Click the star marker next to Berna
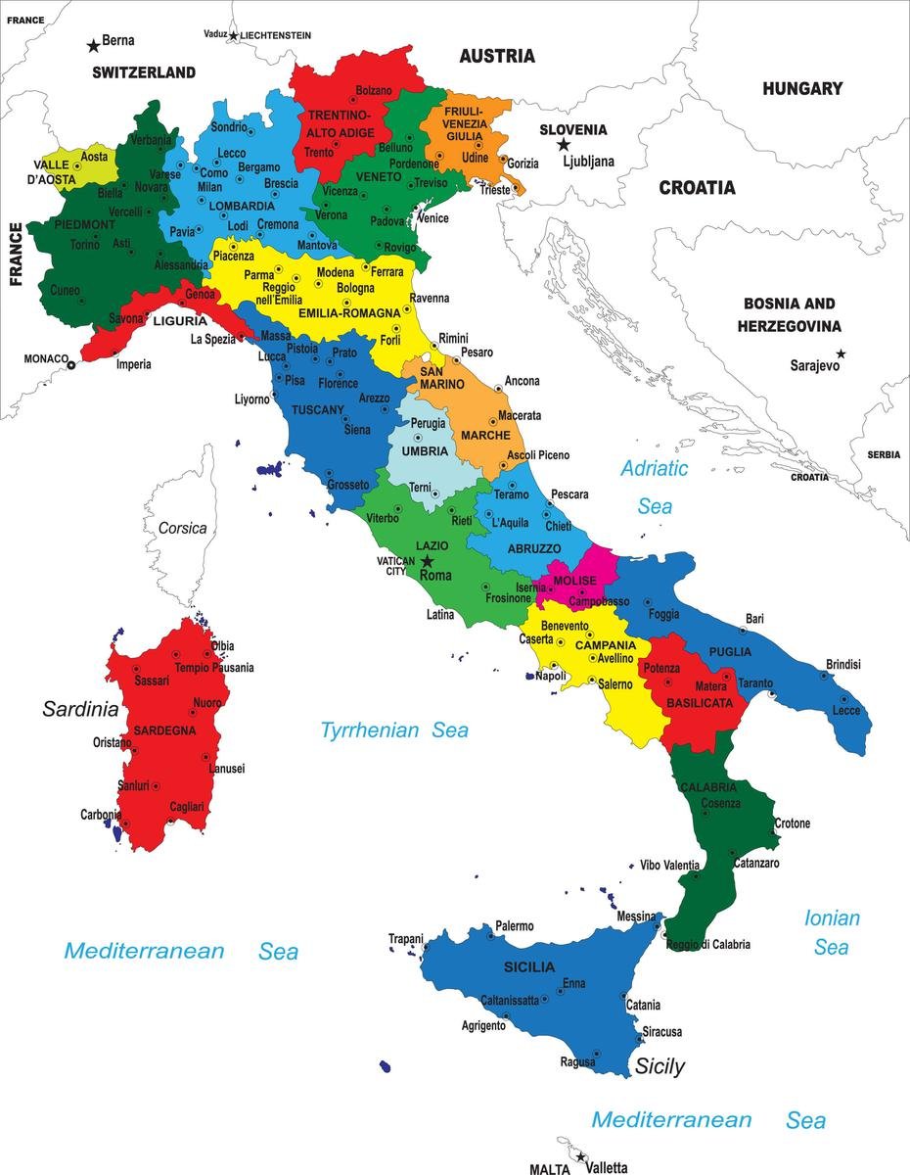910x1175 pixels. pyautogui.click(x=93, y=44)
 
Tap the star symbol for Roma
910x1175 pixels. pyautogui.click(x=427, y=561)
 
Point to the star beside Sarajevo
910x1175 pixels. pyautogui.click(x=841, y=353)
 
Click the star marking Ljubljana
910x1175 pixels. pyautogui.click(x=564, y=145)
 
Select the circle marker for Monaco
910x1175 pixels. pyautogui.click(x=70, y=365)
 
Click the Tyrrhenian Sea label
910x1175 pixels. pyautogui.click(x=394, y=729)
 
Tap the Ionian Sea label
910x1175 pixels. pyautogui.click(x=832, y=932)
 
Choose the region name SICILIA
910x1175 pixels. pyautogui.click(x=529, y=966)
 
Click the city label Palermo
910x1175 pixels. pyautogui.click(x=514, y=925)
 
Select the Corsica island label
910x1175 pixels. pyautogui.click(x=183, y=528)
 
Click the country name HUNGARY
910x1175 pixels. pyautogui.click(x=802, y=89)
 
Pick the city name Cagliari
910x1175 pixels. pyautogui.click(x=187, y=806)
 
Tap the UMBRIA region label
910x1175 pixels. pyautogui.click(x=424, y=451)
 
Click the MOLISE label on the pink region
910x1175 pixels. pyautogui.click(x=574, y=581)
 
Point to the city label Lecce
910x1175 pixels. pyautogui.click(x=846, y=710)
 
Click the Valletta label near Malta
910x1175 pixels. pyautogui.click(x=607, y=1167)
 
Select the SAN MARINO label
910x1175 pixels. pyautogui.click(x=441, y=378)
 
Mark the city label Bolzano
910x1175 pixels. pyautogui.click(x=373, y=90)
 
